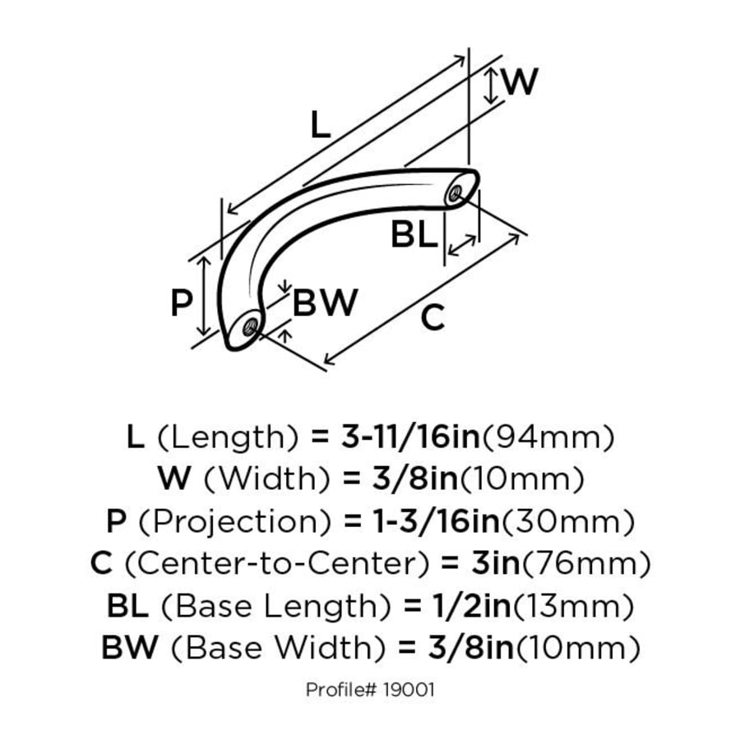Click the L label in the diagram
tap(321, 125)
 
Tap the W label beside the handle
tap(520, 81)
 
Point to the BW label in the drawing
tap(325, 302)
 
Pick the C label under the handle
tap(432, 317)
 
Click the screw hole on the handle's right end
tap(456, 192)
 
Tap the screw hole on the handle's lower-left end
tap(250, 326)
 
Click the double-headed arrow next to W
tap(491, 86)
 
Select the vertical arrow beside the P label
tap(204, 296)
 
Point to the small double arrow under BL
tap(462, 245)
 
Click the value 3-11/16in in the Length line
tap(410, 437)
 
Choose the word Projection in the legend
tap(234, 522)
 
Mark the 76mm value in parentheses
tap(585, 563)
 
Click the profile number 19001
tap(409, 690)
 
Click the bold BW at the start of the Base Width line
tap(130, 647)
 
